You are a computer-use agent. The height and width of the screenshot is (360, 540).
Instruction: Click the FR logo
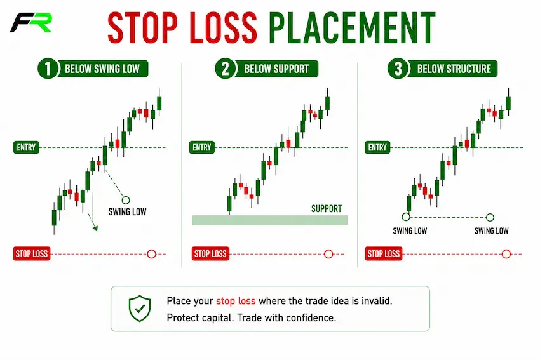point(30,23)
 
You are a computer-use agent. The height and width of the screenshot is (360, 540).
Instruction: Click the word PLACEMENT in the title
point(352,28)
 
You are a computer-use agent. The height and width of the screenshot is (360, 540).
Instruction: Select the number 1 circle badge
point(48,69)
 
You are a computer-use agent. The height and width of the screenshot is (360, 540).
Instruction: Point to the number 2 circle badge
point(226,69)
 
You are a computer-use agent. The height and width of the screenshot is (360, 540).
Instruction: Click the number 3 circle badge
point(398,69)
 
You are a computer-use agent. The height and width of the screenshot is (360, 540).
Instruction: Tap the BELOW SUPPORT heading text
point(276,69)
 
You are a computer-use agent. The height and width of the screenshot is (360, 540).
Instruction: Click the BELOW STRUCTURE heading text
point(454,69)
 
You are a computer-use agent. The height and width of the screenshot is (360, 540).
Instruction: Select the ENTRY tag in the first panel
point(26,147)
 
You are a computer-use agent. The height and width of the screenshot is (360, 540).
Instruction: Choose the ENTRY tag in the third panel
point(377,147)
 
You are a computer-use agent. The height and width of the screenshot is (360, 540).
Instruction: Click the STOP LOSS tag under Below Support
point(210,254)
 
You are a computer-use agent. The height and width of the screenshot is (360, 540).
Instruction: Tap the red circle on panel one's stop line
point(152,254)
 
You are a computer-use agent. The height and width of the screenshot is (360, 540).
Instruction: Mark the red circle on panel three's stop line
point(506,254)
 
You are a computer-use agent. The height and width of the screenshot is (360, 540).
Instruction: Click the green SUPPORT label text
point(327,208)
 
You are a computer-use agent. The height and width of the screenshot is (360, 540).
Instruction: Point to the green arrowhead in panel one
point(95,229)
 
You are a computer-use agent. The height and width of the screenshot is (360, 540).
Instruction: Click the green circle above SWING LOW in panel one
point(126,200)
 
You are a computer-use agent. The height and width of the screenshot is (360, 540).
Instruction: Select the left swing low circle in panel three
point(406,217)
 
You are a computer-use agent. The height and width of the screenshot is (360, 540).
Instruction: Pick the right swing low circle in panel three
point(490,217)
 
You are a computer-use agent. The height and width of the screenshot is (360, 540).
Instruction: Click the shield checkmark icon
point(140,308)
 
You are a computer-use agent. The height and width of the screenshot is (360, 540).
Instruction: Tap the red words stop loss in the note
point(236,301)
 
